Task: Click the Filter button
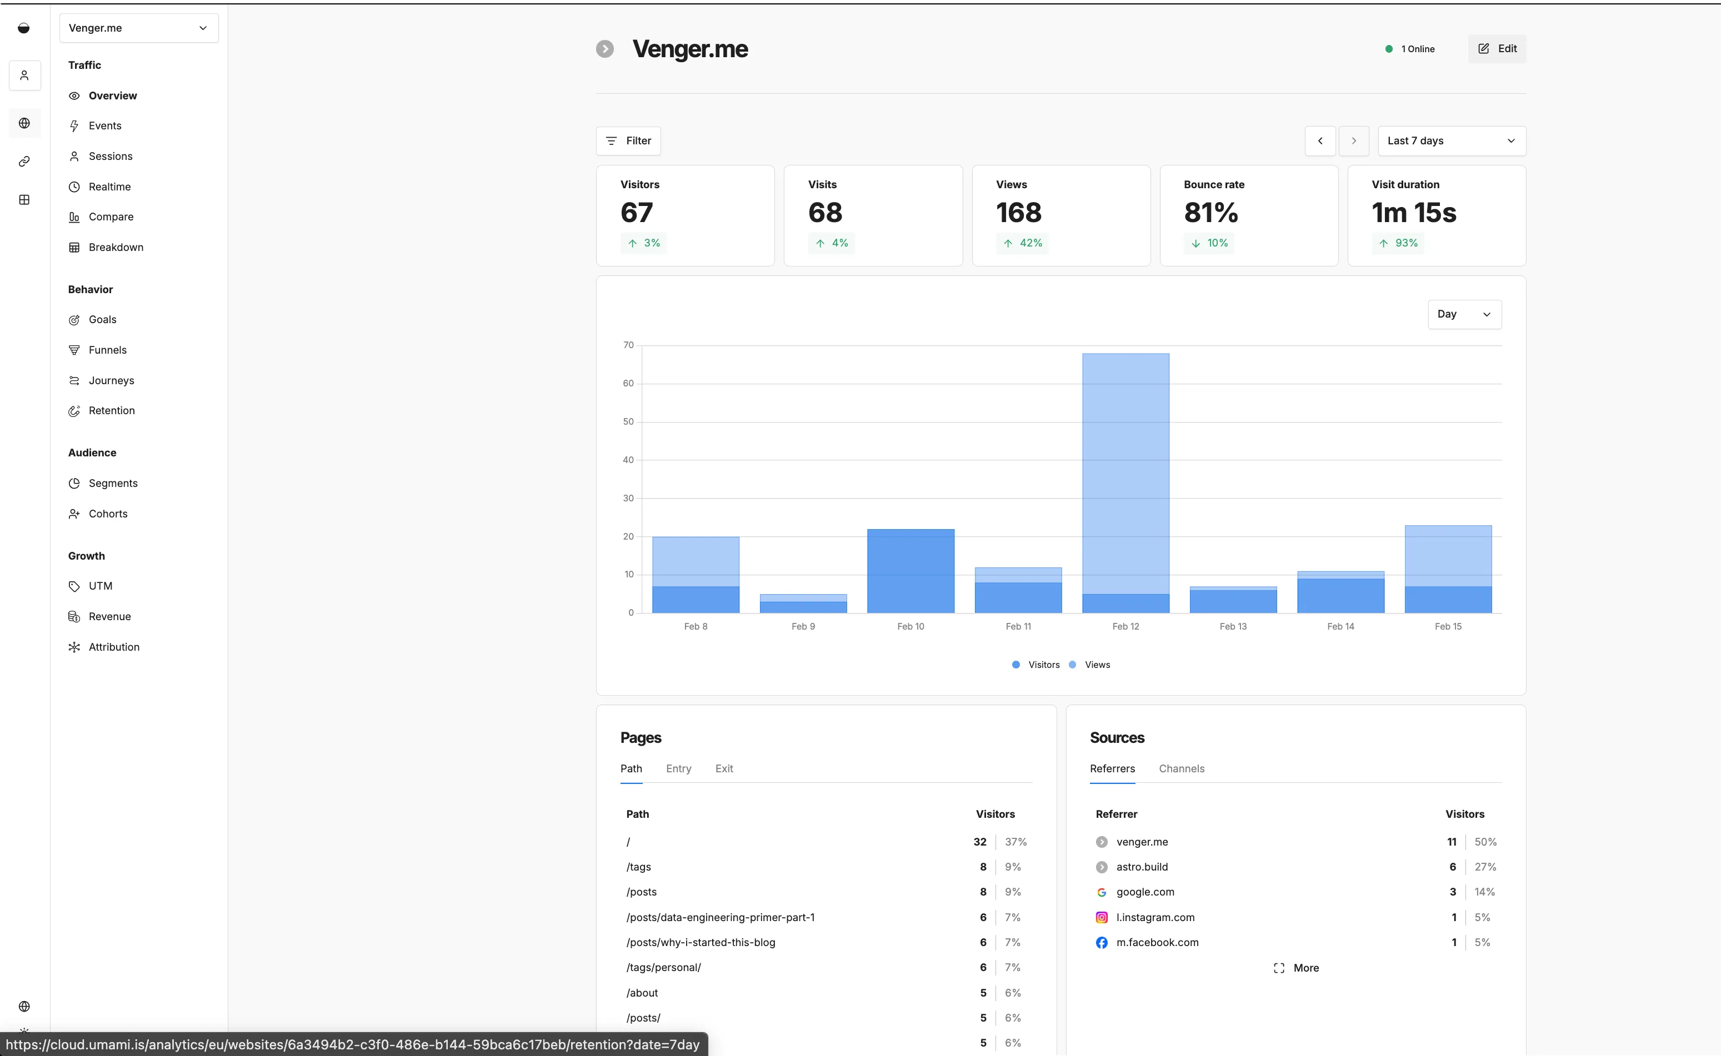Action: tap(628, 141)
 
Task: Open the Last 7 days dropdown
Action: tap(1450, 141)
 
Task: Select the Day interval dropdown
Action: tap(1464, 314)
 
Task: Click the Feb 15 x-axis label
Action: tap(1447, 626)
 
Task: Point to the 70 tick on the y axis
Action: tap(628, 345)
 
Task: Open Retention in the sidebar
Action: tap(111, 411)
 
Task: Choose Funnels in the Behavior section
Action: tap(108, 350)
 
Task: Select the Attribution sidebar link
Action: tap(114, 647)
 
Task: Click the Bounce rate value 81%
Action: tap(1210, 212)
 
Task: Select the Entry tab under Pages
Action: tap(678, 768)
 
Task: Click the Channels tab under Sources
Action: tap(1181, 768)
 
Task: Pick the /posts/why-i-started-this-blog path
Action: tap(700, 942)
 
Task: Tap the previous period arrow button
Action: tap(1319, 141)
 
